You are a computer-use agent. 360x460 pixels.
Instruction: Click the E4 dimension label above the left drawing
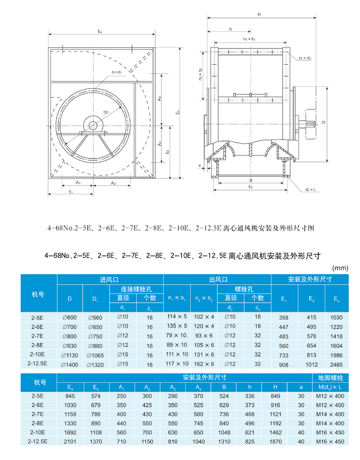(99, 31)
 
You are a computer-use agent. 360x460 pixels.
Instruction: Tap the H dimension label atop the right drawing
(259, 15)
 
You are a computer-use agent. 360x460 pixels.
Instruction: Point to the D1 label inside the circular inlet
(105, 112)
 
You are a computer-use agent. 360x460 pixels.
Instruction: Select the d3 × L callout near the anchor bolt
(311, 190)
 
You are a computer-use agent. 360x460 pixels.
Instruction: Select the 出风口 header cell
(217, 279)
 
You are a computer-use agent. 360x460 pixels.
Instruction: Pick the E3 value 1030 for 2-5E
(336, 318)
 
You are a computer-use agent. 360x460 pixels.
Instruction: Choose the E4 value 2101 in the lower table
(70, 441)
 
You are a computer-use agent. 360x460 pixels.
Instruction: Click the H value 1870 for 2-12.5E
(276, 441)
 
